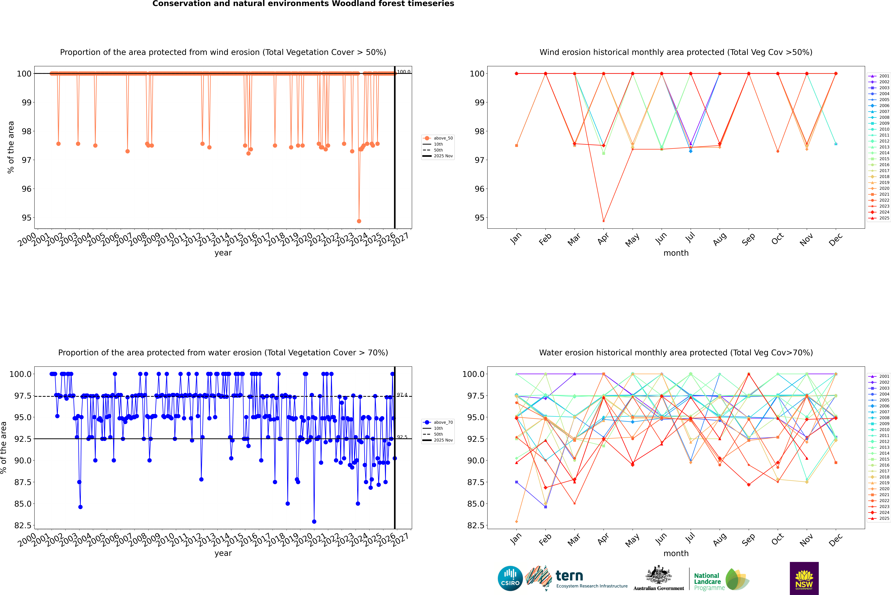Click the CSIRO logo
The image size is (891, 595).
[510, 578]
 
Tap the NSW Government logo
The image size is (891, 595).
[804, 578]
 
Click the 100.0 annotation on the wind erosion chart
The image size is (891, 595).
[403, 72]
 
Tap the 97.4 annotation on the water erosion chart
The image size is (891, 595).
[402, 395]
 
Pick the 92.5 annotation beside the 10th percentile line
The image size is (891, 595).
[402, 437]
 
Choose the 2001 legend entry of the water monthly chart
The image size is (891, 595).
[884, 376]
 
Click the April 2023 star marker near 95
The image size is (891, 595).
[604, 221]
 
